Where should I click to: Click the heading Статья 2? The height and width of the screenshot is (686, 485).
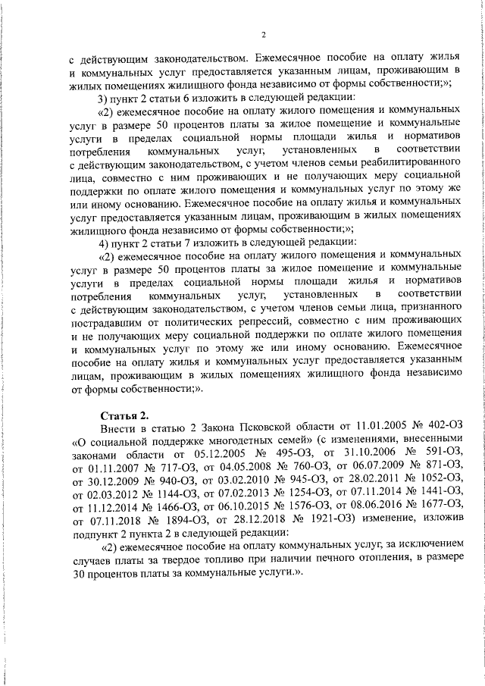click(x=125, y=416)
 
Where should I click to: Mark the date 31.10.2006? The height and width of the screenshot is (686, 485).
click(x=351, y=459)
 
